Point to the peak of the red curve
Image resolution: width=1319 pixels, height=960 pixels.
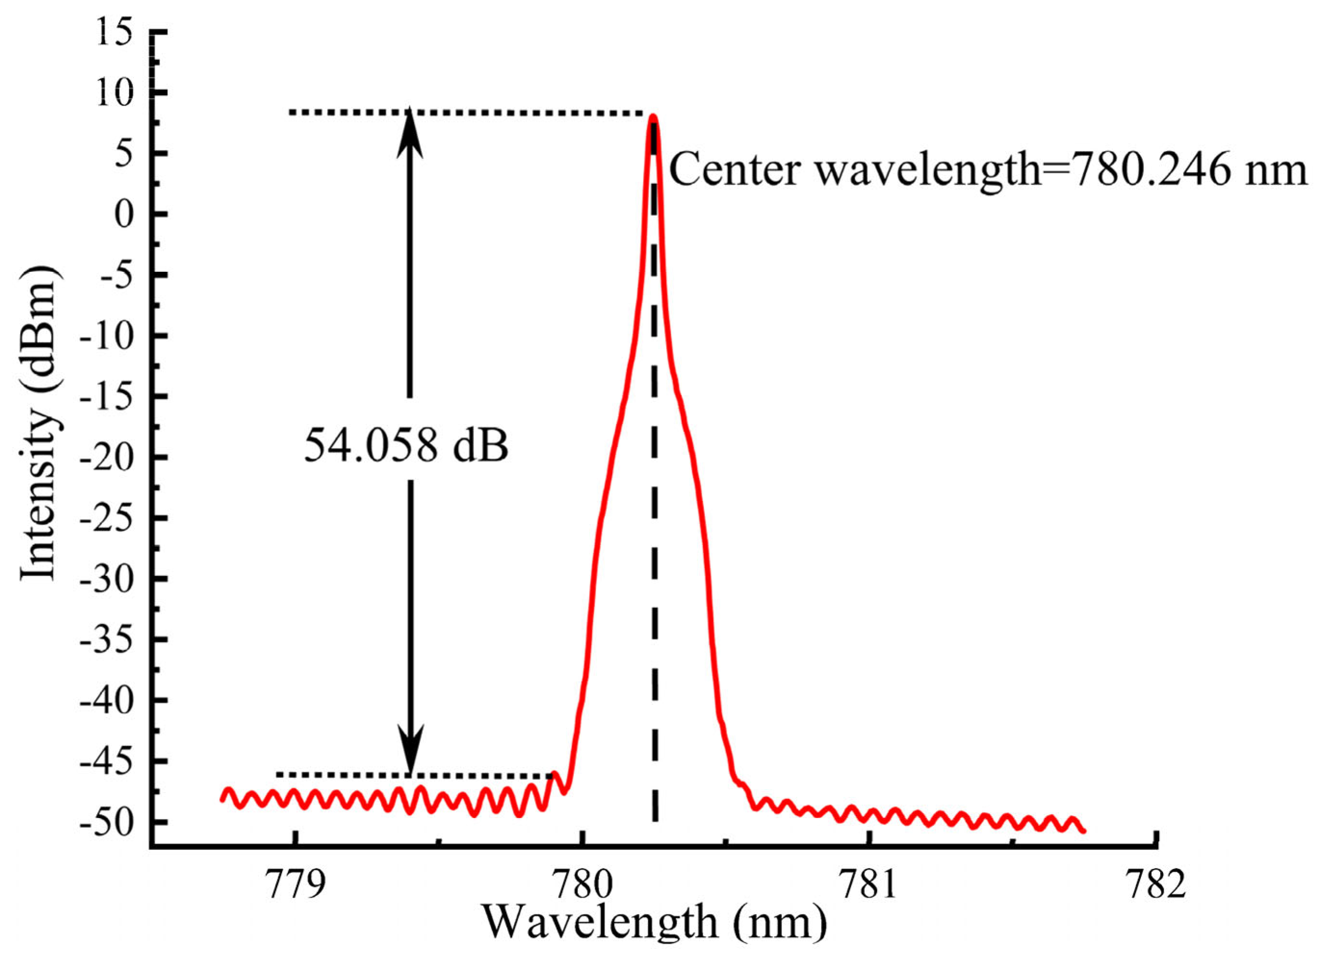coord(653,116)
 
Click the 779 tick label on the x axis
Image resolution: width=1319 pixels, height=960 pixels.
coord(295,885)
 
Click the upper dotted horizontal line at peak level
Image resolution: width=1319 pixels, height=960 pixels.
coord(465,112)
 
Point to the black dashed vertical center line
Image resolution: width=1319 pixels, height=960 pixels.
coord(655,581)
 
